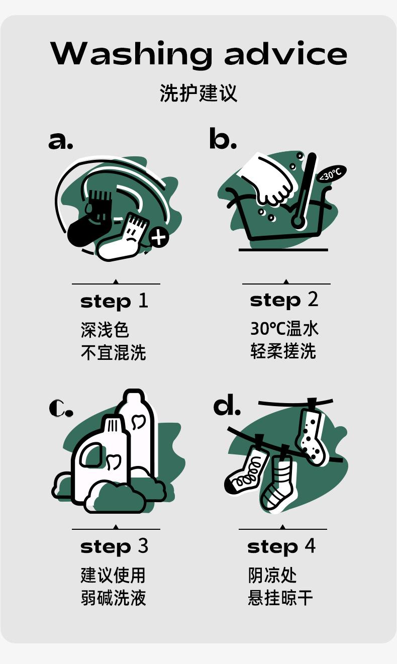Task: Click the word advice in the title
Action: pyautogui.click(x=286, y=53)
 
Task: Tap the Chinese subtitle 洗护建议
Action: pyautogui.click(x=198, y=93)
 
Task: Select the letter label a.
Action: pyautogui.click(x=60, y=141)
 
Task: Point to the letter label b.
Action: pyautogui.click(x=223, y=138)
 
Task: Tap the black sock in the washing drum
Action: pyautogui.click(x=89, y=219)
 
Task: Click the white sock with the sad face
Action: pyautogui.click(x=123, y=239)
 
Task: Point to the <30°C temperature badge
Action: pyautogui.click(x=331, y=174)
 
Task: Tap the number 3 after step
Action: pyautogui.click(x=143, y=546)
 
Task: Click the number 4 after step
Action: pyautogui.click(x=310, y=546)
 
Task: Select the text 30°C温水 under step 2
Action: pyautogui.click(x=284, y=329)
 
